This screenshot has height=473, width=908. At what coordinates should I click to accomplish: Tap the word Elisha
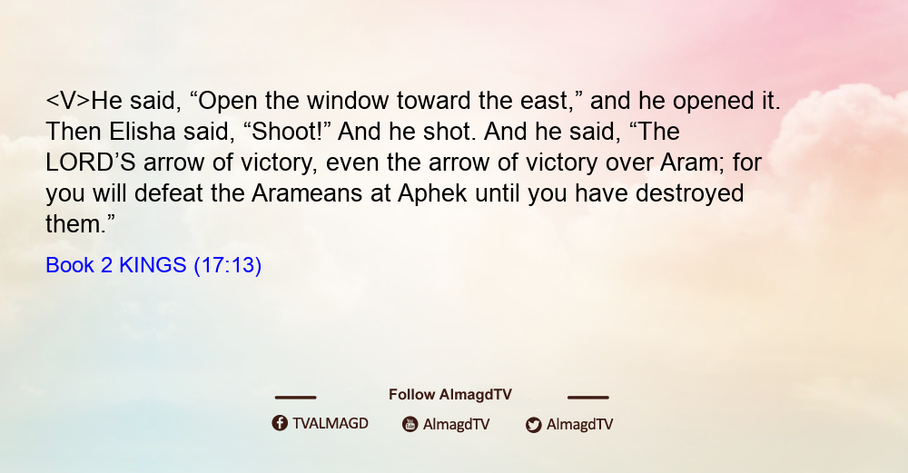(142, 132)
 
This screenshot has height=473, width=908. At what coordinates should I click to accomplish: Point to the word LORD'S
(90, 163)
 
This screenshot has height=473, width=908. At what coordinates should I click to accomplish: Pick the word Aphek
(432, 193)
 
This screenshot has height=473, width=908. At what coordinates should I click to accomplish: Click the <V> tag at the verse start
(68, 101)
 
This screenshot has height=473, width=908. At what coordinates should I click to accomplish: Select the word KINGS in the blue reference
(153, 265)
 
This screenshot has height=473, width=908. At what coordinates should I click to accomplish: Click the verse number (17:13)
(228, 265)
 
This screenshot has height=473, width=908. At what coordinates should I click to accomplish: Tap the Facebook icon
(280, 423)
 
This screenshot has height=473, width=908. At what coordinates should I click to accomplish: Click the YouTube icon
(410, 424)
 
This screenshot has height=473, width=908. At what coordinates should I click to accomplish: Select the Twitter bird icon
(533, 425)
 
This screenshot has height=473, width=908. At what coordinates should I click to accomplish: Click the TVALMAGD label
(331, 423)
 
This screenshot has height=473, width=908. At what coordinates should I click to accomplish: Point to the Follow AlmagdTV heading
(450, 395)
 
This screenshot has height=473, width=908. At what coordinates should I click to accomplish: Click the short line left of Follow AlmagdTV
(295, 397)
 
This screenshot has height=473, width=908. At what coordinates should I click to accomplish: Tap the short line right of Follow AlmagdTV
(587, 397)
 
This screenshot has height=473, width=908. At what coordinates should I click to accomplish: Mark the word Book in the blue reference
(70, 265)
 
